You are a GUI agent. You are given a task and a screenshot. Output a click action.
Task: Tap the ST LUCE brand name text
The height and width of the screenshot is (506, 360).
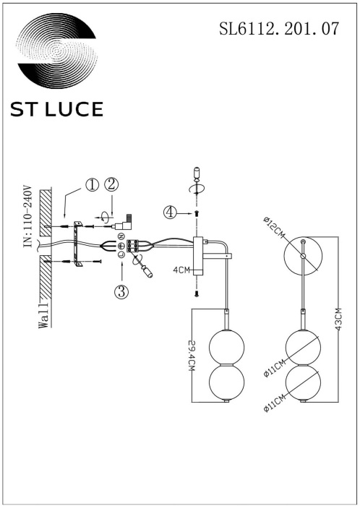coord(56,108)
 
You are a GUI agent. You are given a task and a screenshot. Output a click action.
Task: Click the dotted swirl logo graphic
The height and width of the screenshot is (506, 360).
coord(56,52)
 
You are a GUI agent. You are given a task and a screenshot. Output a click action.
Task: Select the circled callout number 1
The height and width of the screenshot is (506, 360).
coord(92,184)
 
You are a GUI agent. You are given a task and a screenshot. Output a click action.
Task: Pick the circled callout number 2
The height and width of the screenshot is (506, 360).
coord(111,184)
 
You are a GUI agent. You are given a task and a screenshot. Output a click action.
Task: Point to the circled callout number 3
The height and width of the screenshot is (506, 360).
coord(121,291)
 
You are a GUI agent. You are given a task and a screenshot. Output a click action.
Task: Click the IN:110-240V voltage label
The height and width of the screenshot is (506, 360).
coord(27,217)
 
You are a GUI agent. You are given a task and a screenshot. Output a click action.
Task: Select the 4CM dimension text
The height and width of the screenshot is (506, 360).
coord(181,270)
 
